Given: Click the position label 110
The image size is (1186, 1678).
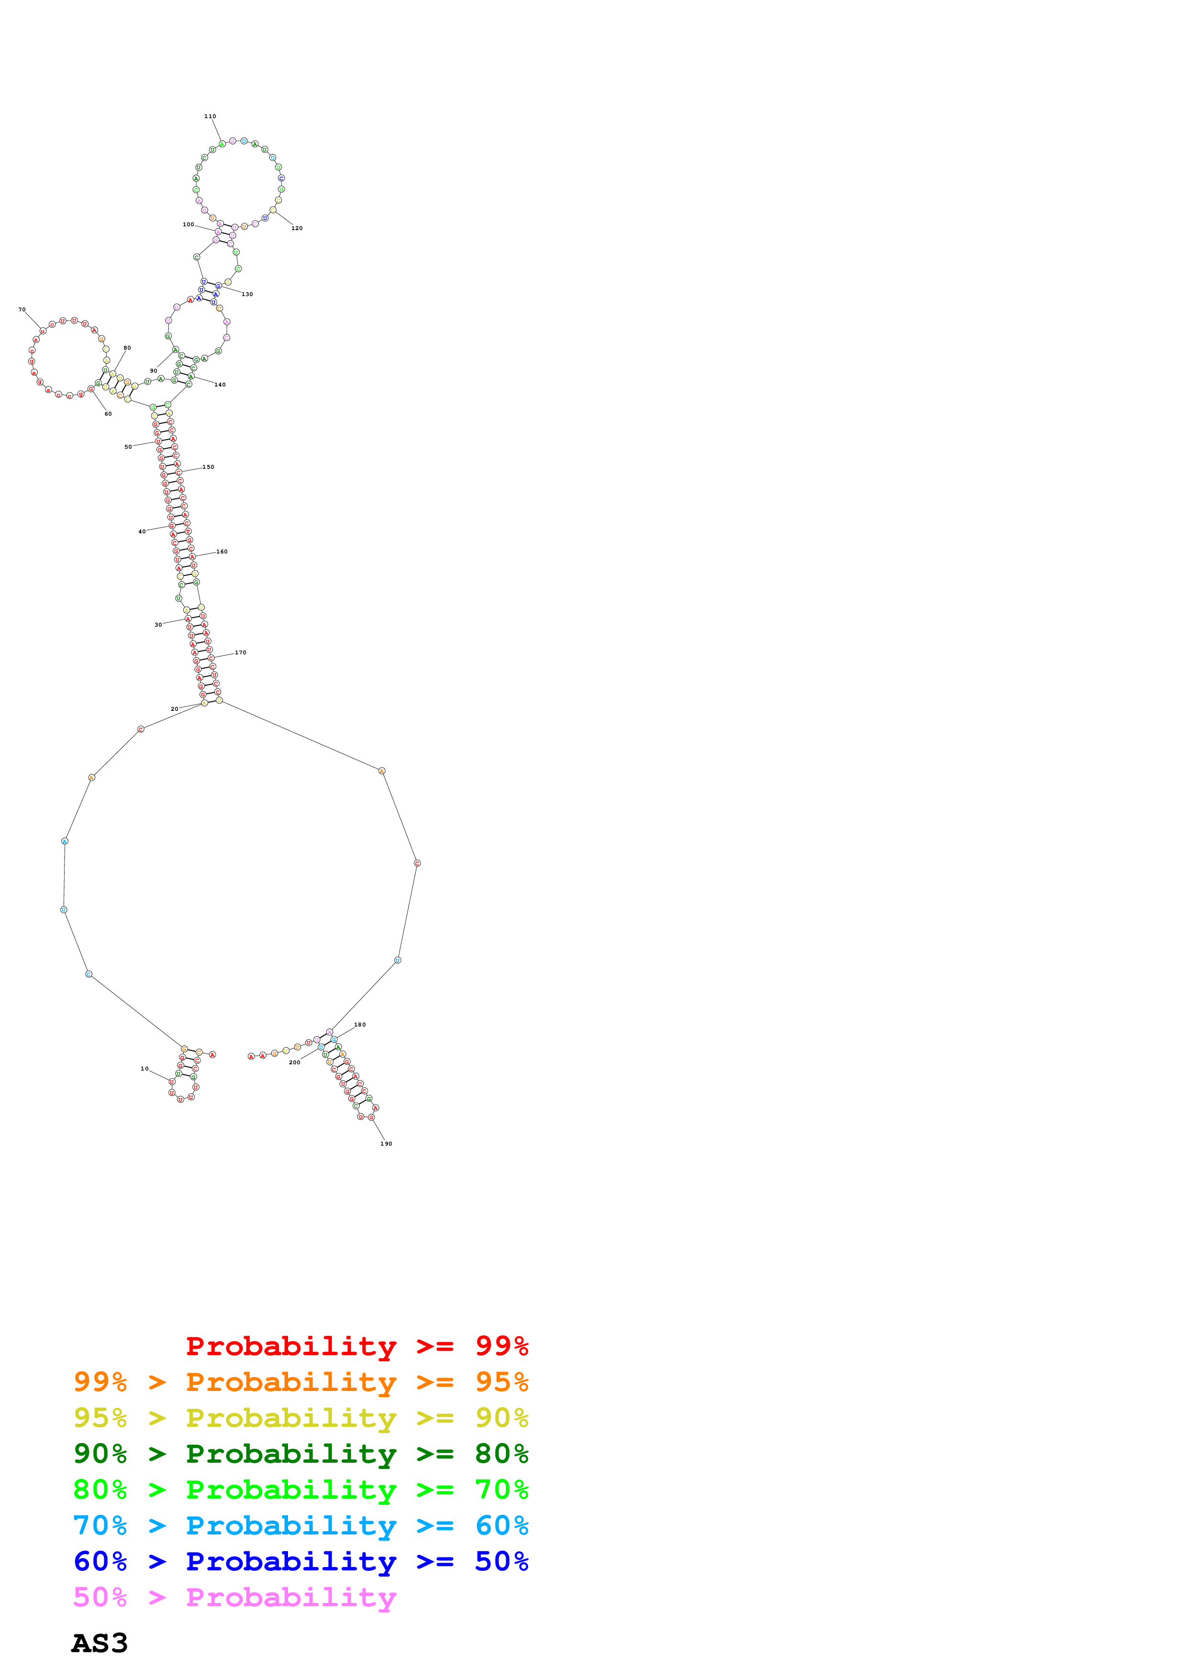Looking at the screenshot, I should coord(210,116).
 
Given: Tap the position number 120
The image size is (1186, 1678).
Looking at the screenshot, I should coord(297,228).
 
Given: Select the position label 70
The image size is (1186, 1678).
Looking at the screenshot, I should coord(22,309).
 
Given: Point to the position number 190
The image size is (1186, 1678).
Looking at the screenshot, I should coord(386,1144).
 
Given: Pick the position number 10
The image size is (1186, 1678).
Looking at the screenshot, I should coord(144,1069).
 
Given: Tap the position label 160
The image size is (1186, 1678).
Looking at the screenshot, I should coord(222,552).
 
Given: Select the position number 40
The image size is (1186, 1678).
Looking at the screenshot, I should coord(142,531).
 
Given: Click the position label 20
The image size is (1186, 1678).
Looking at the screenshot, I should coord(174,709).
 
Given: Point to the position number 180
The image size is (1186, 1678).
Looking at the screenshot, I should coord(359,1025).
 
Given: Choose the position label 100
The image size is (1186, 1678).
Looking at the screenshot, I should coord(188,224).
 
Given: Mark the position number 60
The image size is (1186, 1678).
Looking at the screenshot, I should coord(108,414).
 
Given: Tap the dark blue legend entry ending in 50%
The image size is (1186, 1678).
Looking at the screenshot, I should coord(300,1561).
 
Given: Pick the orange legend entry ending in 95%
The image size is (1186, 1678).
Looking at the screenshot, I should coord(300,1382).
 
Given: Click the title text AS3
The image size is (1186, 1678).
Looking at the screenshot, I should coord(100,1643).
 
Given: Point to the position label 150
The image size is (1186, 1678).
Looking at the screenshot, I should coord(208,467).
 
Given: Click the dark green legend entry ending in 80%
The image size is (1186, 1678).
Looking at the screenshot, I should coord(300,1454).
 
